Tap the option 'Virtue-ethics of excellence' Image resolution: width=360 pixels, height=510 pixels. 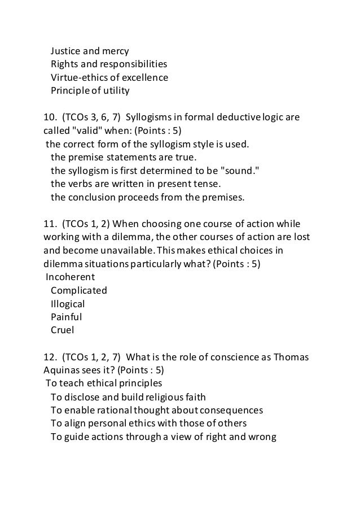(x=109, y=77)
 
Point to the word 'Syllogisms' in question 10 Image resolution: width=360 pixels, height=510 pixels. (x=149, y=118)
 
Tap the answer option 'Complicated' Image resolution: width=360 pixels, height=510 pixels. (x=78, y=290)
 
